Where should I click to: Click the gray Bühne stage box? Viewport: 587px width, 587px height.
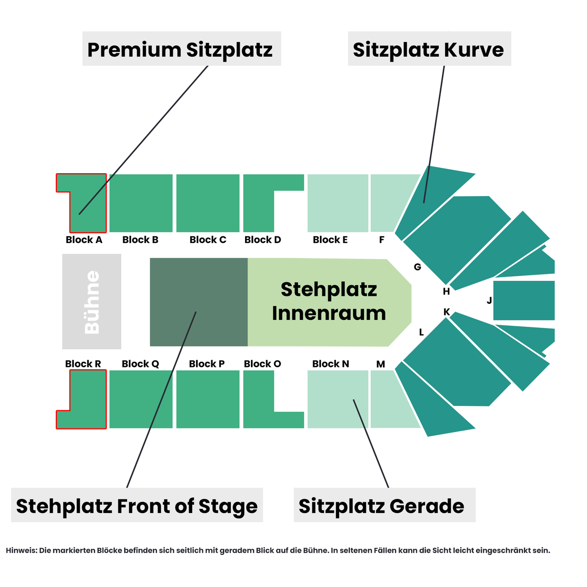(91, 301)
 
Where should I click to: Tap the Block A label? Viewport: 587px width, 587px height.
(84, 240)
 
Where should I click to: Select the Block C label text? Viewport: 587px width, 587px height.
(208, 240)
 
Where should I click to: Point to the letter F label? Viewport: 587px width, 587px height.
(382, 240)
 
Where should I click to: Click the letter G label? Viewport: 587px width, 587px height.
(417, 267)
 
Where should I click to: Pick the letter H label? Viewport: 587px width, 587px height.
(446, 292)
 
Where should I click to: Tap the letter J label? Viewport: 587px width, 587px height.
(489, 300)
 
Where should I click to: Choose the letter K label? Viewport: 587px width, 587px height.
(447, 312)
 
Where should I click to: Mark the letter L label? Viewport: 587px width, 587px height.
(421, 332)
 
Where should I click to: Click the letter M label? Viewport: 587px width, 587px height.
(381, 364)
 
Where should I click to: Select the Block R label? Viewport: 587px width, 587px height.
(83, 364)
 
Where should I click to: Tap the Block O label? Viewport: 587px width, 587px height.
(262, 364)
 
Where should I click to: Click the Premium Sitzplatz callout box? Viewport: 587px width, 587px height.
(181, 48)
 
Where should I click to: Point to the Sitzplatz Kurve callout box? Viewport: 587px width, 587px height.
(429, 48)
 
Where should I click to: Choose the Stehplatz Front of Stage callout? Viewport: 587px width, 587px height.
(137, 505)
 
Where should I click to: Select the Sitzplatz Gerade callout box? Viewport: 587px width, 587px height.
(384, 505)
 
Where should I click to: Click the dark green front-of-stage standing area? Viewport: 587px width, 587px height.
(199, 302)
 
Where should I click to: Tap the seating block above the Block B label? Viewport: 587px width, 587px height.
(141, 203)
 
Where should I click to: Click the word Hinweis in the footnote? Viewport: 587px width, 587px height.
(21, 550)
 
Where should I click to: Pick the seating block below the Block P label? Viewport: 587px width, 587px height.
(208, 399)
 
